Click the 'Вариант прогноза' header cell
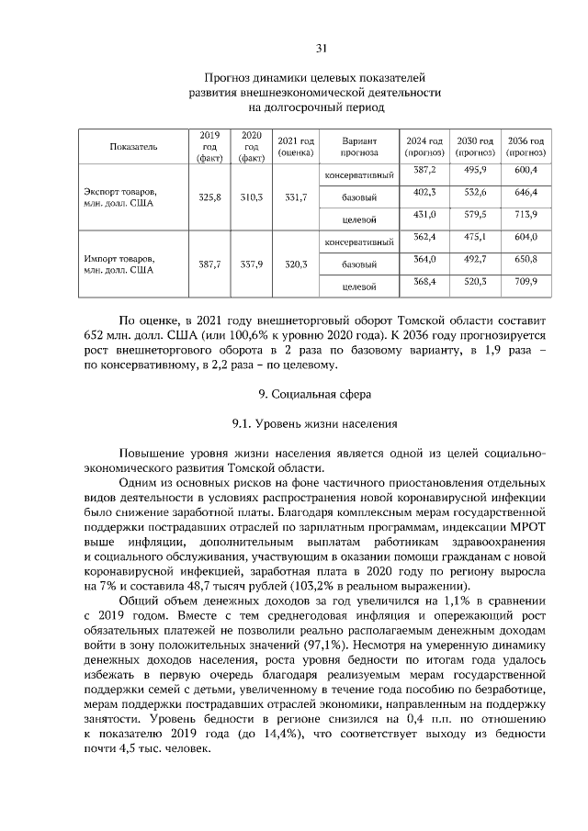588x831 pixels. click(x=359, y=147)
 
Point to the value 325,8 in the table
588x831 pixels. click(x=209, y=197)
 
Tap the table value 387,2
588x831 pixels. click(x=424, y=170)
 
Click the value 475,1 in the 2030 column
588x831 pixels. click(x=475, y=237)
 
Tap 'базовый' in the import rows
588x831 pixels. click(x=360, y=264)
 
